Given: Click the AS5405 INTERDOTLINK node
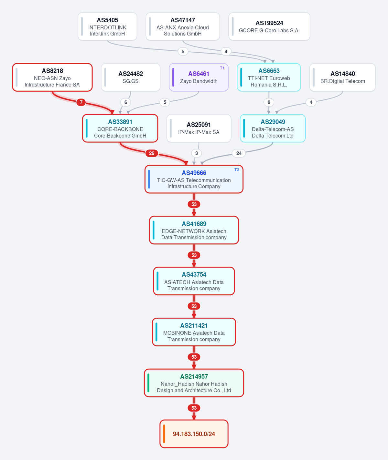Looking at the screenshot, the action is [107, 26].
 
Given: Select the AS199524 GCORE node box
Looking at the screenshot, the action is [269, 26].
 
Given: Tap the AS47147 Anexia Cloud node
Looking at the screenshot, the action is [183, 26].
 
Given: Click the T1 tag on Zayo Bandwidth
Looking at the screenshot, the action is [222, 68].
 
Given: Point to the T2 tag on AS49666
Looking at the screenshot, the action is [237, 170].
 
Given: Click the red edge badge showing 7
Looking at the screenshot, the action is [81, 102].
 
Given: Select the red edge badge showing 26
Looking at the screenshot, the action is [152, 153].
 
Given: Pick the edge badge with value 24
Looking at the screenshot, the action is [239, 153].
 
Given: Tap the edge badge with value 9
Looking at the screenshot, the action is [269, 102].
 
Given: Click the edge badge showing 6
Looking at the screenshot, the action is [125, 102].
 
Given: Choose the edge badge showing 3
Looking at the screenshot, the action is [197, 153].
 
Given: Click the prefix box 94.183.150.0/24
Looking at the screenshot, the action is [194, 434].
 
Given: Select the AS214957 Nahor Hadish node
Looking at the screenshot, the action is [194, 383].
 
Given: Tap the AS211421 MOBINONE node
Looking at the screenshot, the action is [194, 332].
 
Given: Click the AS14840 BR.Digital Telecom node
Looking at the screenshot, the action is [342, 77].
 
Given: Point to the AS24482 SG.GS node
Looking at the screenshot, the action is [131, 77].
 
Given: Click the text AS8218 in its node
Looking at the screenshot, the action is [52, 71].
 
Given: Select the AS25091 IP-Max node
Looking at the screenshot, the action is [199, 128].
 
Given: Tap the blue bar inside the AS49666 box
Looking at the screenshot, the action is [149, 179].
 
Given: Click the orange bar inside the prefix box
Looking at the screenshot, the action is [164, 434].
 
